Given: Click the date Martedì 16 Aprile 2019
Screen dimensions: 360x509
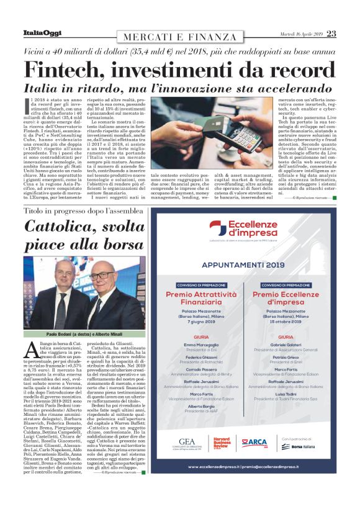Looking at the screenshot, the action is (301, 34).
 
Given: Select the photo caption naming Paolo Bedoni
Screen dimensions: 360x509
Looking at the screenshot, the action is (84, 334).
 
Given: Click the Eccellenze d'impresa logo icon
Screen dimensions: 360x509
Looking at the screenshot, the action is (218, 228).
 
